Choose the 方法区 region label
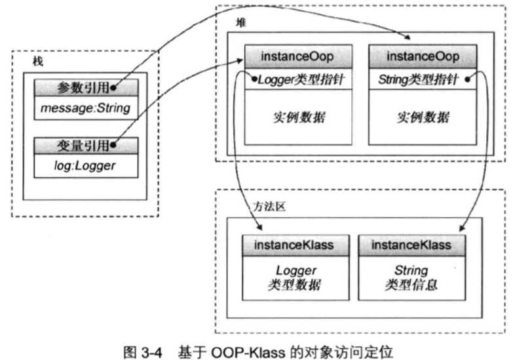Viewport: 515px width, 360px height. click(267, 205)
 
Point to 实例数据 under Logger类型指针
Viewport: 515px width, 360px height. click(298, 118)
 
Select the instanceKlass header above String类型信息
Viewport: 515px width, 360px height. click(411, 245)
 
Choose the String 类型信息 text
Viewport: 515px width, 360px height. click(411, 277)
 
